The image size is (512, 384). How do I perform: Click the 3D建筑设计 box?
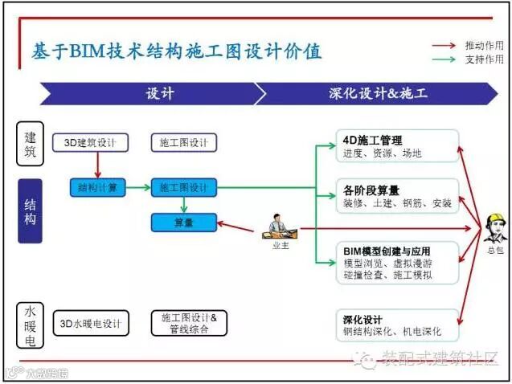pos(91,143)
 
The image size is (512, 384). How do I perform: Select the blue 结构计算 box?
pos(97,188)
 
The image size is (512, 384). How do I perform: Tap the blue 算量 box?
pos(184,223)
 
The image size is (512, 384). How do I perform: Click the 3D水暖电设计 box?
pos(90,324)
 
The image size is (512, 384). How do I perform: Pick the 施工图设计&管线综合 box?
pos(184,323)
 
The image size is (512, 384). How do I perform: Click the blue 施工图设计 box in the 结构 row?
pos(184,188)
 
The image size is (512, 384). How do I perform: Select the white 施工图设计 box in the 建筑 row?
pos(184,143)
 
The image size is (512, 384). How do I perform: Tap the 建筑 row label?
pos(30,144)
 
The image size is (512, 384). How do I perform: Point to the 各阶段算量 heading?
pos(371,190)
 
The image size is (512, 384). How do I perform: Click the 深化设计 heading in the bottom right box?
pos(362,319)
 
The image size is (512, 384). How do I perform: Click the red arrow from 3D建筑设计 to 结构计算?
pos(97,165)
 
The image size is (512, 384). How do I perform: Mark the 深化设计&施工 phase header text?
pos(378,93)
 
